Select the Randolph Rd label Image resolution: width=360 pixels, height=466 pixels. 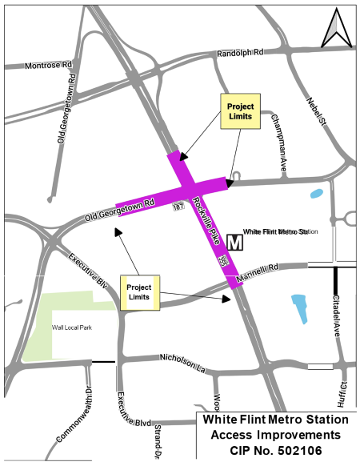240,54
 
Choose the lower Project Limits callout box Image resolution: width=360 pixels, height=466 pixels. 140,292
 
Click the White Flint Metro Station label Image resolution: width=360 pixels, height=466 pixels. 280,232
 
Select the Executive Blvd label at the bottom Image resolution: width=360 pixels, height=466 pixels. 133,420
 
